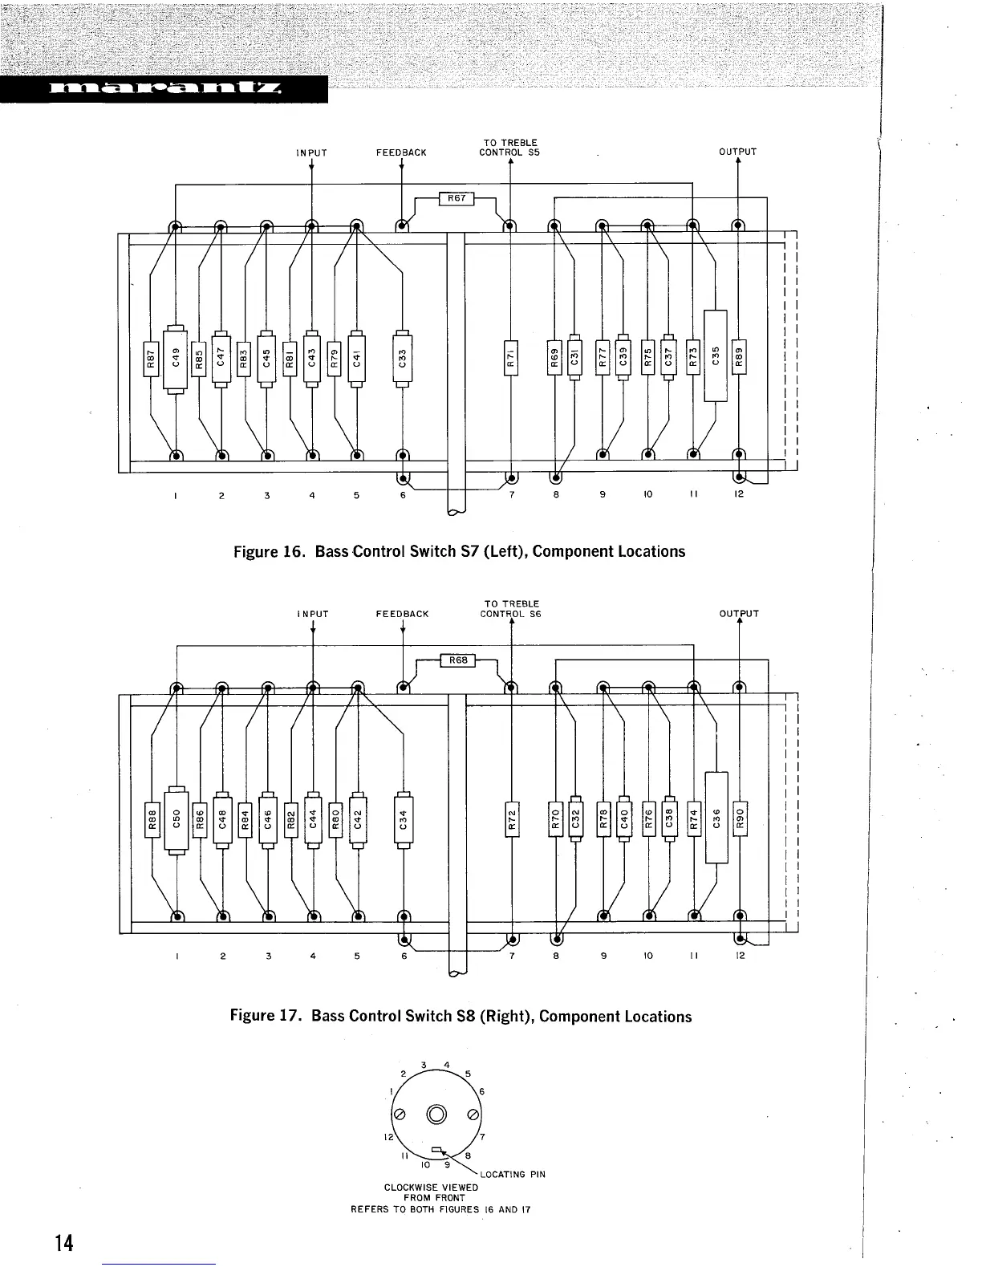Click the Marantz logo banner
point(164,89)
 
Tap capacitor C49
point(175,358)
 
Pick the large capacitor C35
point(715,355)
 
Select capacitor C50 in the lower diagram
point(175,819)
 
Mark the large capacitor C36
point(716,818)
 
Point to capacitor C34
point(404,819)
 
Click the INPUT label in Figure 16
point(311,152)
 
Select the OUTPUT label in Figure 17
point(739,614)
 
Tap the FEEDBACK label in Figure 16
point(401,152)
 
